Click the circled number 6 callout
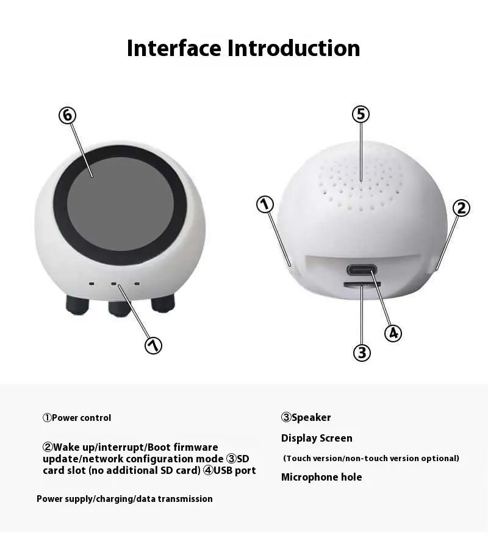68,115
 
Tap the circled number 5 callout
361,114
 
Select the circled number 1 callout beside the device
265,205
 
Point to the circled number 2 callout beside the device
461,208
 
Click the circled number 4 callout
393,333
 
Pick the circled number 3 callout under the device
362,352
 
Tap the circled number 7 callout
153,345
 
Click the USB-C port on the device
362,270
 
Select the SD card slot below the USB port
362,284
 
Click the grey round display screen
120,203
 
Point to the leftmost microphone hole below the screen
91,284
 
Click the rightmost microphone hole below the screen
137,284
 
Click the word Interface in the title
174,48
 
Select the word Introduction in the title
294,48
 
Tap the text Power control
81,418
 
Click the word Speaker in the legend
311,417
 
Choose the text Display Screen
317,438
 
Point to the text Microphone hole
321,477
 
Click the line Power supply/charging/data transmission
124,499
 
